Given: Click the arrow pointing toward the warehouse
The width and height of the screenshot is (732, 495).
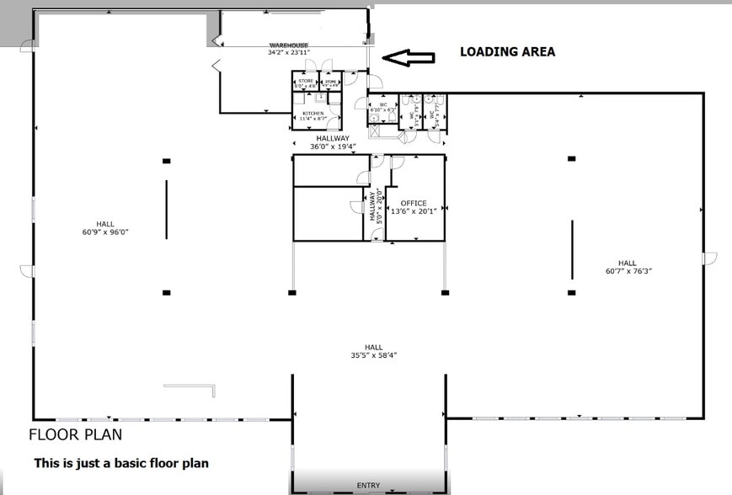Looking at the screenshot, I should pos(408,58).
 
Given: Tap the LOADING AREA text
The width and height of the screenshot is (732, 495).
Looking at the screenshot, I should pos(507,51).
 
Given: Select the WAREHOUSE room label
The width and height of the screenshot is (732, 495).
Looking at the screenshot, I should pos(288,45).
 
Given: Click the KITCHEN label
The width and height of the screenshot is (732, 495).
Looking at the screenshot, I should pos(313,113).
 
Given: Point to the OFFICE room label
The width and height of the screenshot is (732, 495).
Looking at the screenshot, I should pos(414,203).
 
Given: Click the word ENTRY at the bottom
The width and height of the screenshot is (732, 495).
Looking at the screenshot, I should pos(368,486).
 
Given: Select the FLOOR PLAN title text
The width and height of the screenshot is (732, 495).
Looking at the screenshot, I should pos(75,435).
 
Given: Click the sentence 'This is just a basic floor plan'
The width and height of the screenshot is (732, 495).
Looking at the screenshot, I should pos(120,463).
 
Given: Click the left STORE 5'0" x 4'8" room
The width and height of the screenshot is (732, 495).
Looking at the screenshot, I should pos(305,82).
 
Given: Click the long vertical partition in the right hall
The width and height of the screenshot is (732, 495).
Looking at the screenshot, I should pos(573,249).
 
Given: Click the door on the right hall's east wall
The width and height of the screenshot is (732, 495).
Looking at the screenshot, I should pos(708,257).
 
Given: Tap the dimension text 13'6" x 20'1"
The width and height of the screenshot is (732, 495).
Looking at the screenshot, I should pos(414,211).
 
